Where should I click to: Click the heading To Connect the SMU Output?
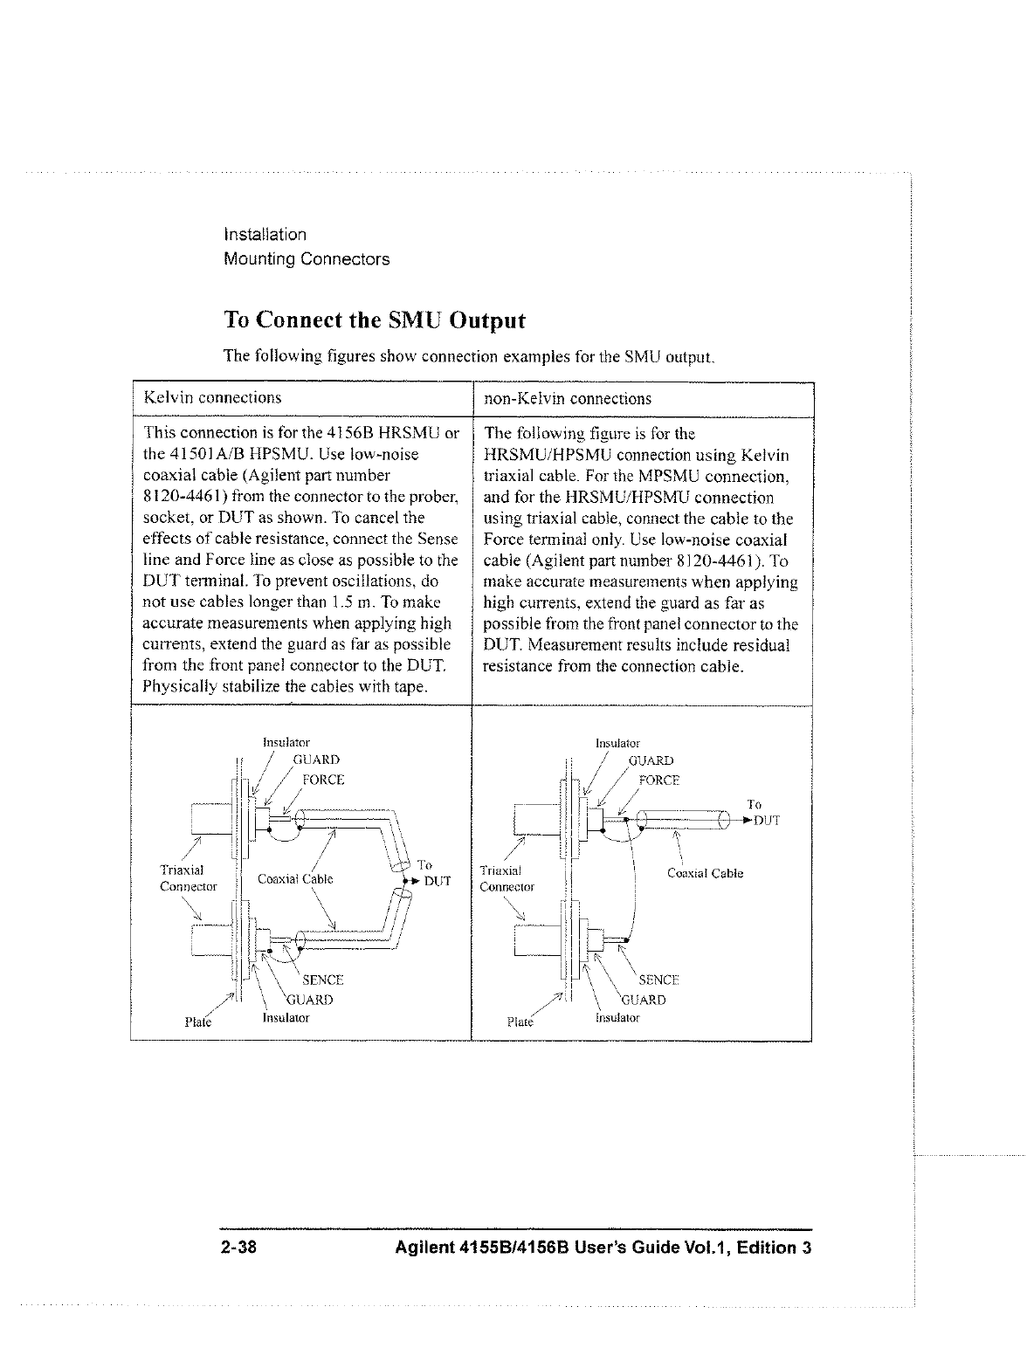coord(375,320)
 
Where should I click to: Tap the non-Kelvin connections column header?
coord(568,398)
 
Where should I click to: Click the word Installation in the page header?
coord(265,235)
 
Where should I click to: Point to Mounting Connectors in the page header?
coord(307,259)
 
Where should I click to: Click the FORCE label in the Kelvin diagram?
coord(322,780)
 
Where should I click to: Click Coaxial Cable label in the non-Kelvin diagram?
coord(705,873)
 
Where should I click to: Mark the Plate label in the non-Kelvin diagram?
coord(520,1021)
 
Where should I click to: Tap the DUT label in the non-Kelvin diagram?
coord(766,821)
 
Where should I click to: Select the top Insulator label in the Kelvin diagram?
coord(286,743)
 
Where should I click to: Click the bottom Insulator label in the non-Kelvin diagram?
coord(617,1018)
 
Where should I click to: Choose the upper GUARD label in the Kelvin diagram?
coord(315,760)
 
